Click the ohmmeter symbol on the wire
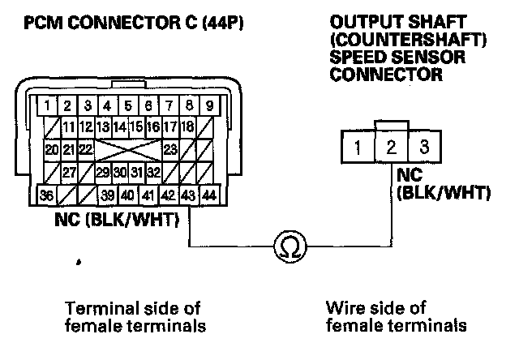coord(289,245)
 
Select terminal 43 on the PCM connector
coord(189,195)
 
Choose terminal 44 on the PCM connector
coord(209,195)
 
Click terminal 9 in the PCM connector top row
coord(209,105)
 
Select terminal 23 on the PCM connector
coord(169,149)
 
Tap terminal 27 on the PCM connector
coord(70,172)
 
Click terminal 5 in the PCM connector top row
coord(129,105)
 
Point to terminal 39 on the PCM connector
coord(109,195)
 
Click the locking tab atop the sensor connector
coord(390,125)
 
